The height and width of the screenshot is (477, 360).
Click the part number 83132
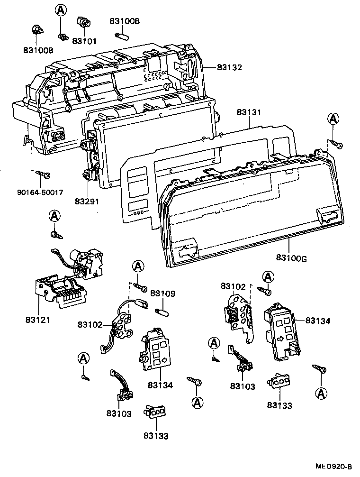[229, 68]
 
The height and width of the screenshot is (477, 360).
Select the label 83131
[248, 113]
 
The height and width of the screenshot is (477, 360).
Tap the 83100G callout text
[291, 258]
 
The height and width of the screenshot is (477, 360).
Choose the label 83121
[37, 320]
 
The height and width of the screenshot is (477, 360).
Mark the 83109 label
[162, 294]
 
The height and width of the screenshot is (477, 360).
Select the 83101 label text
[84, 41]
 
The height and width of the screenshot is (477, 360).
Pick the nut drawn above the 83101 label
[84, 23]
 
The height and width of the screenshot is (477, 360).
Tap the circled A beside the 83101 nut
[61, 10]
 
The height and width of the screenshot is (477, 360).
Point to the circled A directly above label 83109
[137, 266]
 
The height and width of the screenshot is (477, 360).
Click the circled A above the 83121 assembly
[55, 216]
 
